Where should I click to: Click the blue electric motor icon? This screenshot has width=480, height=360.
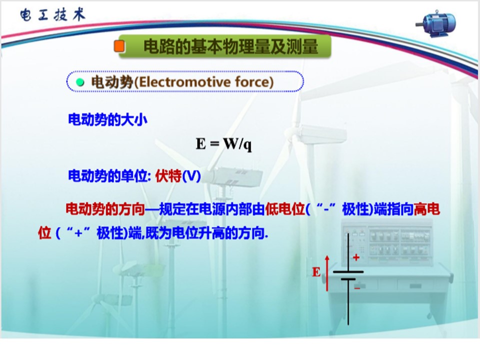point(436,24)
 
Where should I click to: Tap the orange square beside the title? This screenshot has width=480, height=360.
point(119,46)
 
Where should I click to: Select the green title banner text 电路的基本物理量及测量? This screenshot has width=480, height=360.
point(231,47)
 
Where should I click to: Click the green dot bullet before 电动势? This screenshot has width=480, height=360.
point(80,82)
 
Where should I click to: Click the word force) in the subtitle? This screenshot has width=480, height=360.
point(254,82)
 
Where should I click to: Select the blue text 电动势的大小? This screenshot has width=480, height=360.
point(107,119)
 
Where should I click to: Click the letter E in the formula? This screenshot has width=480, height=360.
point(201,143)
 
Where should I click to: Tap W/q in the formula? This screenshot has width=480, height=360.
point(237,144)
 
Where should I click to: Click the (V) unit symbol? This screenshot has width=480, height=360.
point(191,176)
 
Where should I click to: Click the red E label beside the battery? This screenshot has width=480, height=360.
point(316,272)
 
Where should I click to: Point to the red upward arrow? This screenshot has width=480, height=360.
point(327,273)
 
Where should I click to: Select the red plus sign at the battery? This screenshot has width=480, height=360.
point(356,257)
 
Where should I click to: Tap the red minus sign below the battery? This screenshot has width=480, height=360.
point(357,288)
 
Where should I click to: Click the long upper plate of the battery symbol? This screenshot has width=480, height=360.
point(348,271)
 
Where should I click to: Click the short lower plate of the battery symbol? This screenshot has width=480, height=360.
point(348,279)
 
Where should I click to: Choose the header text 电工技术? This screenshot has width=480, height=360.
point(52,14)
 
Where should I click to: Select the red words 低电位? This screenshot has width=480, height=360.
point(285,209)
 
